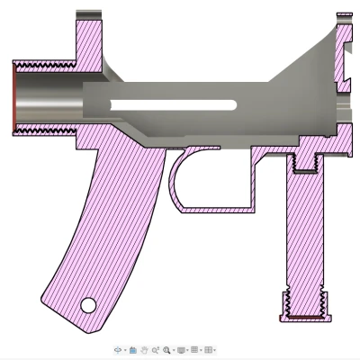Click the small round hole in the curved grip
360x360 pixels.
(88, 304)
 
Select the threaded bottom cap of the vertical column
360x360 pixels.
(302, 306)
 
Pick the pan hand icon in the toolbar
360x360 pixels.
(144, 349)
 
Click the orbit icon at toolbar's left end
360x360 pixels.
(119, 349)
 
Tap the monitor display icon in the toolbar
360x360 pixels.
(181, 349)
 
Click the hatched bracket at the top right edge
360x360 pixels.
(345, 54)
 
